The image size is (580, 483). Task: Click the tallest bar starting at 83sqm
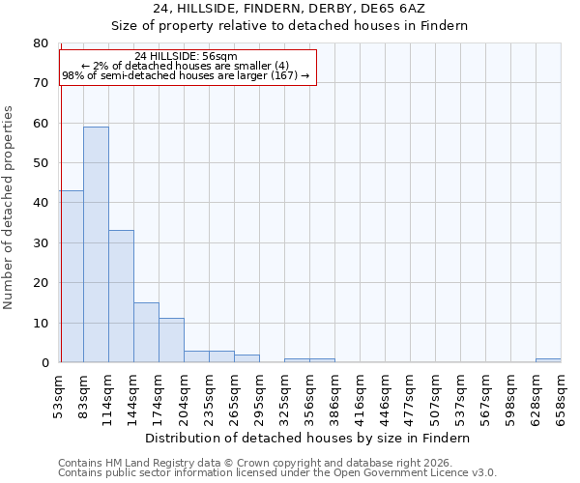coord(96,244)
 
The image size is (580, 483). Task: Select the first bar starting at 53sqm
coord(72,276)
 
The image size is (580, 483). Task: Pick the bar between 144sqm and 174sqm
coord(146,332)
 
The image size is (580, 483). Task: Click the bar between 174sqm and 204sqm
coord(171,340)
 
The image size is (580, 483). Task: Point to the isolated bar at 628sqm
coord(548,360)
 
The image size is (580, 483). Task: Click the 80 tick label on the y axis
coord(41,43)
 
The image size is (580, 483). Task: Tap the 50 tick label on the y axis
coord(41,163)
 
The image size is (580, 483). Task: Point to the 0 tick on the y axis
coord(44,363)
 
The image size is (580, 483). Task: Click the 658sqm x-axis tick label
coord(561,396)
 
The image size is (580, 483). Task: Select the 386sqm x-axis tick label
coord(334,396)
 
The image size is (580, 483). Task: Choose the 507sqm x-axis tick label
coord(435,396)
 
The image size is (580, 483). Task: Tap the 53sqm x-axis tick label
coord(59,396)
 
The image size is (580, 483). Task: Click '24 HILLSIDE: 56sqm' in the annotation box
coord(186,56)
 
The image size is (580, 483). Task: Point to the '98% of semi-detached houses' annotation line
coord(186,75)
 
